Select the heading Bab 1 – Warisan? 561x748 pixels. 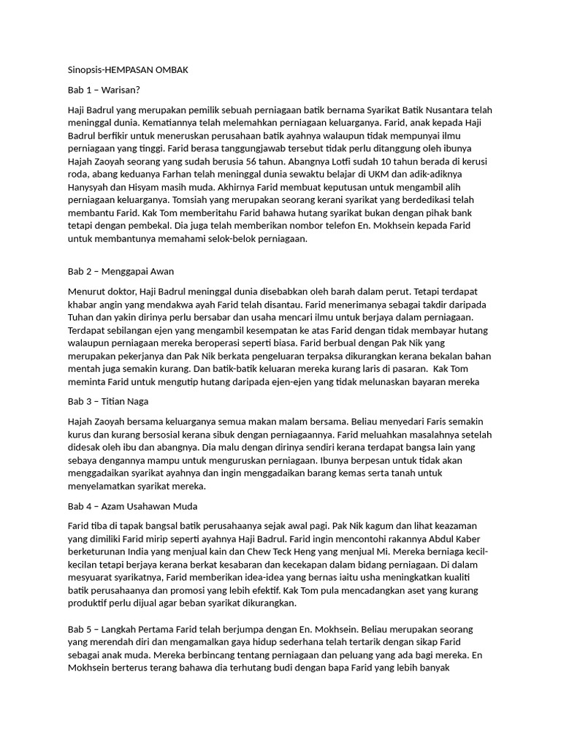(x=102, y=89)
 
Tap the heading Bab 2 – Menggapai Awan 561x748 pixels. (x=120, y=272)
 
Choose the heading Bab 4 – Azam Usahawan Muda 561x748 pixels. (x=132, y=506)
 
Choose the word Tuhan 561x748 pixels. (x=83, y=318)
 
